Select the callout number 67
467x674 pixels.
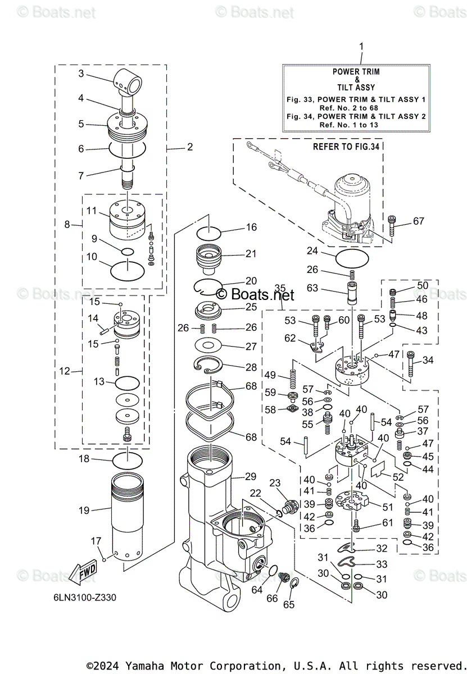[418, 221]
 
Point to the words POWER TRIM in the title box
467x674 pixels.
[356, 72]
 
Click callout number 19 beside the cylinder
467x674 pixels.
[84, 511]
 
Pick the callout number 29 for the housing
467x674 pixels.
[250, 476]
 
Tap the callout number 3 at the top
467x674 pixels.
[81, 73]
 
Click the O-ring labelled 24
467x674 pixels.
[352, 259]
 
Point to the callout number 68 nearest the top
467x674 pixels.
[251, 386]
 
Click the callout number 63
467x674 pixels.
[312, 288]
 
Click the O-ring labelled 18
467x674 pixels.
[128, 461]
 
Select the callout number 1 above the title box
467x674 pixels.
[361, 46]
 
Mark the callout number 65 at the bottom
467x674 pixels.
[289, 605]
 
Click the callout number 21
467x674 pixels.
[250, 254]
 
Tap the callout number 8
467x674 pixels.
[67, 225]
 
